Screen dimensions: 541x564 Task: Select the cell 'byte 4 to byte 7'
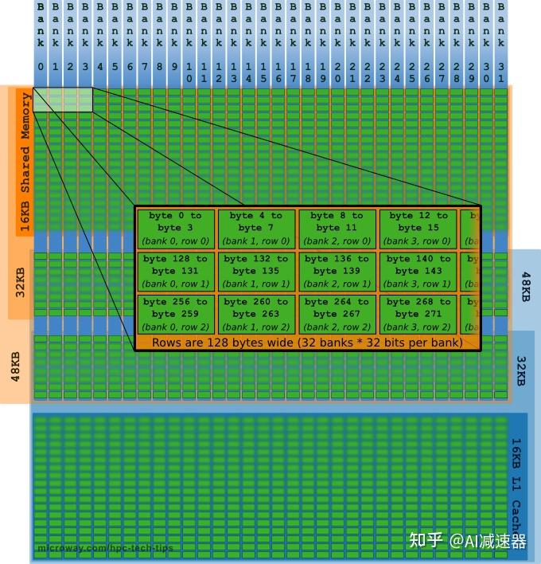click(256, 229)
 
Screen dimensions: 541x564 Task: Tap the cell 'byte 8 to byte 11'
click(337, 229)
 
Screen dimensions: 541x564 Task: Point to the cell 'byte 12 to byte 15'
click(418, 229)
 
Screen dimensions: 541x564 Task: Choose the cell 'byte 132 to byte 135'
click(256, 272)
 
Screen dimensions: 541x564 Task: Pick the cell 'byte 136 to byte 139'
click(337, 272)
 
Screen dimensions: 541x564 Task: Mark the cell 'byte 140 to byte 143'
click(418, 272)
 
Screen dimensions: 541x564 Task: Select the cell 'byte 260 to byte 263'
click(256, 314)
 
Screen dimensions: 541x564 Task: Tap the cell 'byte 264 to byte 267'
click(337, 314)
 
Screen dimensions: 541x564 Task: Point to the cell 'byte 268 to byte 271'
click(418, 314)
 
